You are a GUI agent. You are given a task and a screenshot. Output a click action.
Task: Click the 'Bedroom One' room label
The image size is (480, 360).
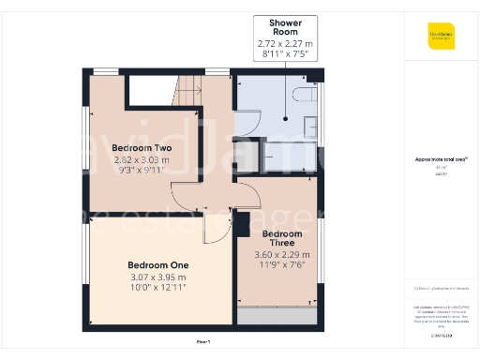coord(157,264)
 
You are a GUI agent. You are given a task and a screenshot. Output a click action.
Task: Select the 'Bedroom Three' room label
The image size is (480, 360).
coord(282,238)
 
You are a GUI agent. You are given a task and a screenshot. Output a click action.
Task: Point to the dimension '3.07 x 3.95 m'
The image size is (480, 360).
coord(157,277)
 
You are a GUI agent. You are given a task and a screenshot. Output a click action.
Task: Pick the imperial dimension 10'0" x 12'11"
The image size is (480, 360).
coord(157,287)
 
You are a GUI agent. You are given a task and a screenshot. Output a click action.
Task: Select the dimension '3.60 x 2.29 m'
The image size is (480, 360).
coord(282,254)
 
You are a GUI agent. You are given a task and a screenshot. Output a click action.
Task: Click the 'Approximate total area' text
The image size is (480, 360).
coord(441,159)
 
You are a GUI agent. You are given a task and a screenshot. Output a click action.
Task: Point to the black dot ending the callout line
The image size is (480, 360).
coord(286,118)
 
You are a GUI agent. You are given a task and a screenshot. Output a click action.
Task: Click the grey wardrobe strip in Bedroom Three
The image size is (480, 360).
coord(278,316)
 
